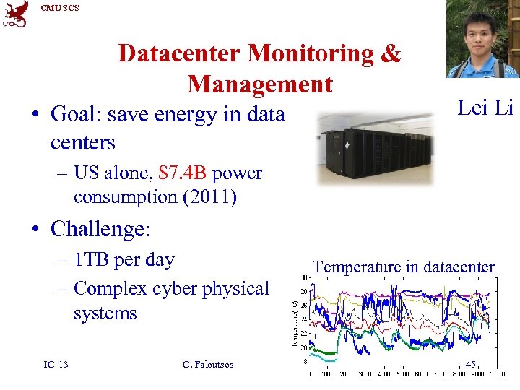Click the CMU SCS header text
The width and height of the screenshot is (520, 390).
coord(60,8)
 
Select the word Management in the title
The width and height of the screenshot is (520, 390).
coord(260,84)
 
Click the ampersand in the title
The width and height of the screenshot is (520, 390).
coord(389,53)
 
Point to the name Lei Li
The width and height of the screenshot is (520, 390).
coord(485,108)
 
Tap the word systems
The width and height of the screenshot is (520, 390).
coord(105,313)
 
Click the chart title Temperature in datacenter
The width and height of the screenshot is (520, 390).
coord(404,266)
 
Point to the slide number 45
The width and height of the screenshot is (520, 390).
coord(470,365)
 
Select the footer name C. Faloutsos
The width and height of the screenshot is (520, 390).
coord(209,364)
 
